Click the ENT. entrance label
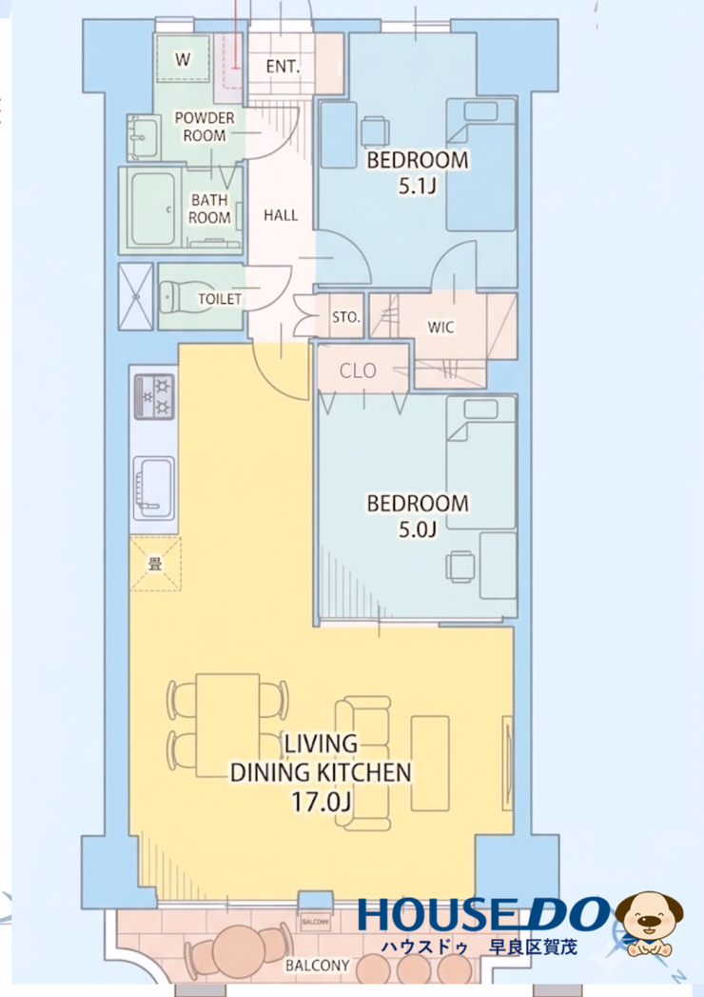point(283,66)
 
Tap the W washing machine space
point(183,58)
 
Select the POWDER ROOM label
point(205,127)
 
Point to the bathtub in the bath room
point(153,209)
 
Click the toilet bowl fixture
point(178,297)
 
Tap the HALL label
point(281,215)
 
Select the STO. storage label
point(346,317)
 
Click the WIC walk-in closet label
point(441,328)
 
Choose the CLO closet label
point(358,370)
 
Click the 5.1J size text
point(418,186)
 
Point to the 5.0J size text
point(418,529)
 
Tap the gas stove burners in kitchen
point(154,397)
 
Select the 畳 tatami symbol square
point(156,564)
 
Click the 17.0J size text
point(321,802)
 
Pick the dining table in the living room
point(227,726)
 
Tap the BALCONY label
point(318,966)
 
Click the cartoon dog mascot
point(650,924)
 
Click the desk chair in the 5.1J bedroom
point(375,131)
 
